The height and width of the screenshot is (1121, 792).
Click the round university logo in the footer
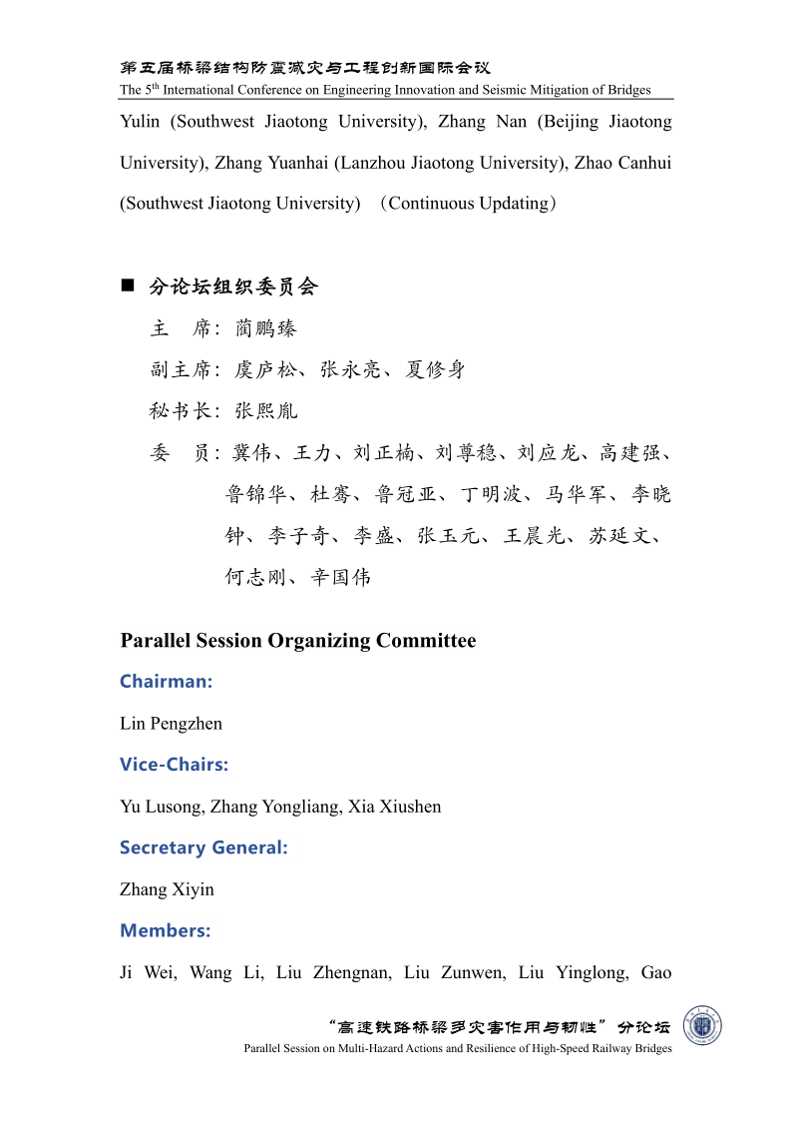(x=702, y=1026)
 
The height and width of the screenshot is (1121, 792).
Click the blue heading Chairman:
(x=167, y=682)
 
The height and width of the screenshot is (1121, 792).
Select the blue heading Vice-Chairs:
(x=174, y=765)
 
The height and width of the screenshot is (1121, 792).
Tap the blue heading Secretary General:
(x=203, y=847)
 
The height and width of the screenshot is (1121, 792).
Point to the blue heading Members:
(x=166, y=930)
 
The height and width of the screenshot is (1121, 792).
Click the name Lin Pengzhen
(x=171, y=724)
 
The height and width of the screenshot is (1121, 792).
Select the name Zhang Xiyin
(x=167, y=889)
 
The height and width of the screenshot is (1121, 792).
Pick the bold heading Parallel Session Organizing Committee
(x=298, y=641)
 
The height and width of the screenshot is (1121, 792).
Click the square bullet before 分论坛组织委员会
(x=128, y=286)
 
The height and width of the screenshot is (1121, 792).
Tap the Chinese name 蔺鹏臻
(x=266, y=328)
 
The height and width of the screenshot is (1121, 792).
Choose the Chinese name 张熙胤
(x=266, y=411)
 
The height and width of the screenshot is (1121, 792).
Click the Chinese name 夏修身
(x=435, y=370)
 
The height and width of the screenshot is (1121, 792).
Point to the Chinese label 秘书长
(x=181, y=411)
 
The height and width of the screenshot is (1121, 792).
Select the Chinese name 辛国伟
(x=340, y=577)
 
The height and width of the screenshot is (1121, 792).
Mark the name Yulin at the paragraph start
(x=141, y=122)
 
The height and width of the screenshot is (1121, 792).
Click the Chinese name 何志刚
(x=255, y=577)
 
